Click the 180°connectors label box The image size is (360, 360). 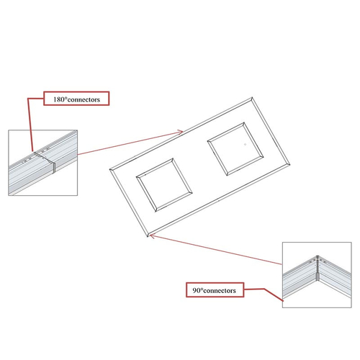pos(76,99)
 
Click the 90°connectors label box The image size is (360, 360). pos(215,290)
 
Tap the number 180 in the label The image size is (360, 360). pos(59,99)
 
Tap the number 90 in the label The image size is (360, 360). pos(197,290)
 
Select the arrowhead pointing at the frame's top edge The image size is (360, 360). pos(181,132)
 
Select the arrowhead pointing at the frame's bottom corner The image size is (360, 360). pos(152,236)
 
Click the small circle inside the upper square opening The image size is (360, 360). pos(245,145)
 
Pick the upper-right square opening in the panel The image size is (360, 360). pos(235,149)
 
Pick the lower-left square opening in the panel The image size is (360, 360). pos(164,185)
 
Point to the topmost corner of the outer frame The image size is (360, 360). pos(252,97)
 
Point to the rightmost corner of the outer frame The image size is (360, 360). pos(290,165)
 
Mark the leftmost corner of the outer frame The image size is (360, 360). pos(110,169)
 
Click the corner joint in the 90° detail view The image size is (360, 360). pos(318,268)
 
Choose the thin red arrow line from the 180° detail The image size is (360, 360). pos(130,143)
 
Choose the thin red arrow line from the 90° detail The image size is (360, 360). pos(216,250)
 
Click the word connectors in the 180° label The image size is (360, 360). pos(84,100)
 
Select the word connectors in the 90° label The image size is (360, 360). pos(220,291)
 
